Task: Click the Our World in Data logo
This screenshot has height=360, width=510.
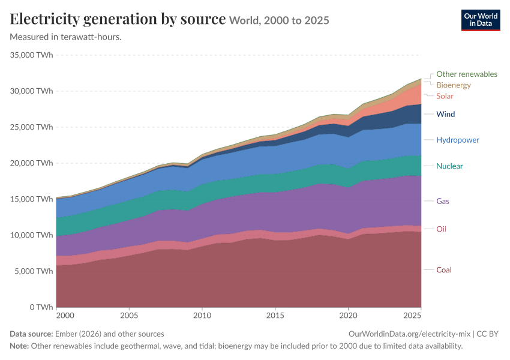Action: pyautogui.click(x=481, y=20)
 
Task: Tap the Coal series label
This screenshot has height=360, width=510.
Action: pyautogui.click(x=443, y=270)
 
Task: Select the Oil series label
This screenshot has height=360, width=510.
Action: pyautogui.click(x=441, y=229)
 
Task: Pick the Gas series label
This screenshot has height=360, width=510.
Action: pyautogui.click(x=443, y=201)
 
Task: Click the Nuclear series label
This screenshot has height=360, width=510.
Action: pyautogui.click(x=449, y=166)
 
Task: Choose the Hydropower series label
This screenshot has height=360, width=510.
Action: pyautogui.click(x=458, y=140)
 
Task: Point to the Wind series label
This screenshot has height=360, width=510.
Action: pyautogui.click(x=446, y=114)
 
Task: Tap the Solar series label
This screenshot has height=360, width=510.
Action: pyautogui.click(x=445, y=96)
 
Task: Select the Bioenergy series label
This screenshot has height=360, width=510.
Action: pyautogui.click(x=454, y=85)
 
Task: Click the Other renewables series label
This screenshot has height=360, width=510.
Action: pyautogui.click(x=467, y=74)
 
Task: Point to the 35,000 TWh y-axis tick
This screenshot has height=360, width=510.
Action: pyautogui.click(x=32, y=55)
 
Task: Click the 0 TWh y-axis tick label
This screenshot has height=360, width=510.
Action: pyautogui.click(x=41, y=307)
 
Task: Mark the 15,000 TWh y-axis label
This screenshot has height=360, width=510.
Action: pyautogui.click(x=32, y=199)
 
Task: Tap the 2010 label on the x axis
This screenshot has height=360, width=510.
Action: pyautogui.click(x=202, y=316)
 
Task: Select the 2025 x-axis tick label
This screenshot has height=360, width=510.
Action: pyautogui.click(x=412, y=316)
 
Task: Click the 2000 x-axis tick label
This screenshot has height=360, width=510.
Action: pyautogui.click(x=65, y=316)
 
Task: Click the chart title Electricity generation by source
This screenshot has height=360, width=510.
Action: pyautogui.click(x=118, y=19)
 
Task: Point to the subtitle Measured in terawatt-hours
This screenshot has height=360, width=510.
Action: pyautogui.click(x=66, y=37)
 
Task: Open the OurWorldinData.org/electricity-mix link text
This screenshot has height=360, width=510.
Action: pyautogui.click(x=409, y=334)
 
